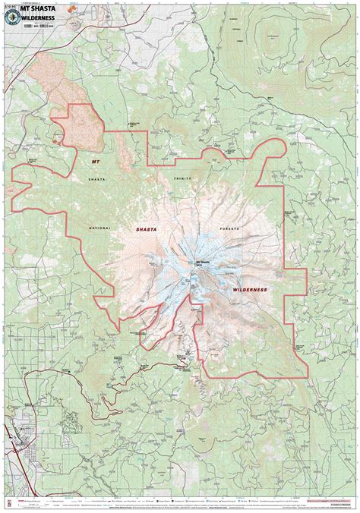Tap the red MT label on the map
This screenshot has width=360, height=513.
95,162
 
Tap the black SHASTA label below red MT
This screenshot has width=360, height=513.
96,179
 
